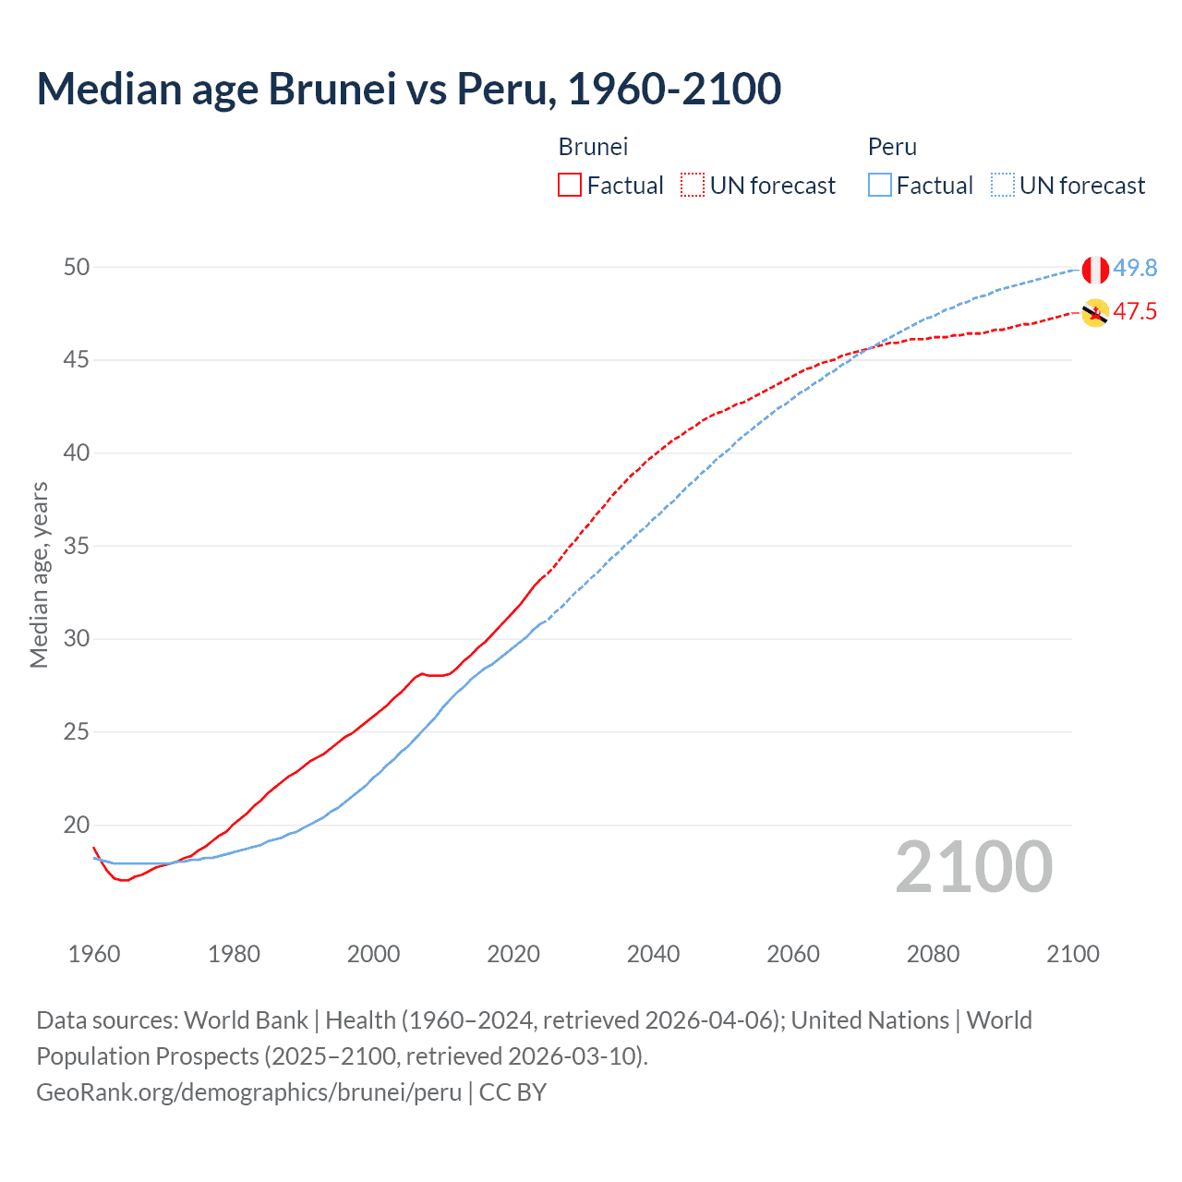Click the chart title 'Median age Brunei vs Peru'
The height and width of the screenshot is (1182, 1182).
coord(408,89)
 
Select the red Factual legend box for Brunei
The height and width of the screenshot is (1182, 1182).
coord(570,186)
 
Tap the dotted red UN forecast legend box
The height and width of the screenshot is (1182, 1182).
coord(693,186)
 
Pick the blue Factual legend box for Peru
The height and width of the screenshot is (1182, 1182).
coord(880,186)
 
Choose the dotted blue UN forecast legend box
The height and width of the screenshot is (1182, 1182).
coord(1002,186)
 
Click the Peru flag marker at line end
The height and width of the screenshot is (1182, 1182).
coord(1095,270)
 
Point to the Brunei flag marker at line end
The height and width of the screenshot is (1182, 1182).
coord(1095,313)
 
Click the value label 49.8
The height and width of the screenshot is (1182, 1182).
coord(1135,268)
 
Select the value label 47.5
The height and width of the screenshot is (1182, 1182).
coord(1135,311)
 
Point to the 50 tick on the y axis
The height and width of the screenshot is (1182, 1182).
coord(77,267)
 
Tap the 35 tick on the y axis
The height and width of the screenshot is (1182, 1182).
coord(77,546)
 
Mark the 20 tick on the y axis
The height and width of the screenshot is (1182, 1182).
coord(77,825)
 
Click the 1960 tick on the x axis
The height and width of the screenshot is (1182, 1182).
coord(94,954)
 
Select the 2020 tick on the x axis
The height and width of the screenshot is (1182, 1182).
coord(513,954)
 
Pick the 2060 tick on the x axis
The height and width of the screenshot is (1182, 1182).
coord(793,954)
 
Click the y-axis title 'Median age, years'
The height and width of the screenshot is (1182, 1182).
coord(39,574)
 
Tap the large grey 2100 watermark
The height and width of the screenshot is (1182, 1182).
coord(973,867)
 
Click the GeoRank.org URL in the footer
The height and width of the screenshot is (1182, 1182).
coord(248,1092)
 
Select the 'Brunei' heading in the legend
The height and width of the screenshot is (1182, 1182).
coord(593,147)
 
